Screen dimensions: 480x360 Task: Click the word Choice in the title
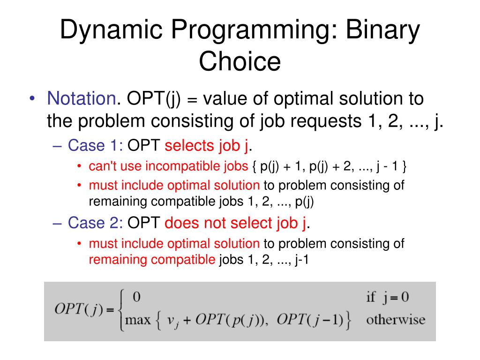(240, 61)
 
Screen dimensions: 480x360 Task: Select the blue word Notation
(82, 98)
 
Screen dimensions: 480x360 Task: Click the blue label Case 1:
(96, 145)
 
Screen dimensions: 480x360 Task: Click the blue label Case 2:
(96, 223)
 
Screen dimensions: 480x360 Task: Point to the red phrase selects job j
(207, 146)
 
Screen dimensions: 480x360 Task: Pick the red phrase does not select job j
(235, 223)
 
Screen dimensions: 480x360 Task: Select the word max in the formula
(138, 320)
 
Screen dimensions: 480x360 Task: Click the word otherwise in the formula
(396, 320)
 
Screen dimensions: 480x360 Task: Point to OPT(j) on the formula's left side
(79, 309)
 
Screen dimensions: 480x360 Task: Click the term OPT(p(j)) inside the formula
(232, 320)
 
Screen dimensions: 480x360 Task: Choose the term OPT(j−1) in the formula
(310, 320)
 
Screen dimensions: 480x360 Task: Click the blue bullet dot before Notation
(32, 98)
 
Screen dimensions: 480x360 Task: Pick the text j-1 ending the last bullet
(302, 260)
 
